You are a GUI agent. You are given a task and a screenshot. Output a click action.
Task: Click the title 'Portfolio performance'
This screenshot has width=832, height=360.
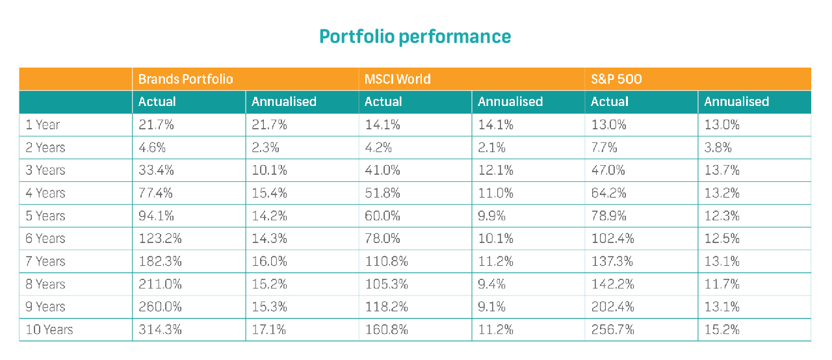[x=415, y=36]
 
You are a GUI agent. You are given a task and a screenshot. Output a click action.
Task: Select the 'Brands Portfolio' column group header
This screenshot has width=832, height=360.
[x=185, y=79]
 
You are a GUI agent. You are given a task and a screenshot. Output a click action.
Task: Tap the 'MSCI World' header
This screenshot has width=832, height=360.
[x=397, y=79]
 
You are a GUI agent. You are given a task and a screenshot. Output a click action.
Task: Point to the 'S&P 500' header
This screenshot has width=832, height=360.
[x=616, y=79]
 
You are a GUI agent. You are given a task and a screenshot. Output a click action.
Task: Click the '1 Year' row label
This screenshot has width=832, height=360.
[x=43, y=124]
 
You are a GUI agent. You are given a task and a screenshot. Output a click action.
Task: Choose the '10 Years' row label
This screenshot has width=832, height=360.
[x=49, y=329]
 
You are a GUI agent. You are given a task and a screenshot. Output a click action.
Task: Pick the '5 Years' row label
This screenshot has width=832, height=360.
[x=45, y=215]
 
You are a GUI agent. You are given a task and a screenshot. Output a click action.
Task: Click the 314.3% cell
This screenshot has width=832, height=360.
[x=160, y=329]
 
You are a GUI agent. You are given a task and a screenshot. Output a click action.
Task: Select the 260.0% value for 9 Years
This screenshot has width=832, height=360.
[x=161, y=307]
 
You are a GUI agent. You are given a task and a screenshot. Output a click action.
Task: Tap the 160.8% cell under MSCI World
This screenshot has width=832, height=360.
[x=386, y=329]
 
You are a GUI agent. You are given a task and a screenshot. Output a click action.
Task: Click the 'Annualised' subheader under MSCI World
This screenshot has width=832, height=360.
[x=510, y=101]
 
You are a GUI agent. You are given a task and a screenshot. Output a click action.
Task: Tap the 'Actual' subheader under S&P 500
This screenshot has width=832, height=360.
[x=610, y=101]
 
